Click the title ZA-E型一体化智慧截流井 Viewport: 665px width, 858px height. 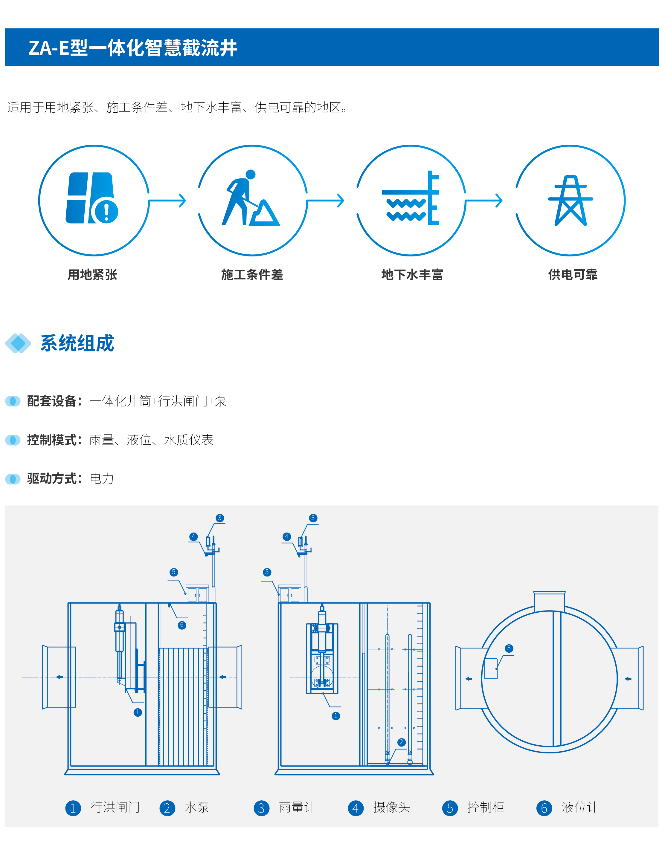[133, 48]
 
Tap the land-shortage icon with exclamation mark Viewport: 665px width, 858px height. [92, 198]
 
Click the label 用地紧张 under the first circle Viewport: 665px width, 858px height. [92, 275]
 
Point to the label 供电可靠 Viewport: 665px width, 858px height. [573, 275]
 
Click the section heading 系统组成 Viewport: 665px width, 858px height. [77, 343]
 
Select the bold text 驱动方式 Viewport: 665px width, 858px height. [52, 478]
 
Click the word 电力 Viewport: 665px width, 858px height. [102, 478]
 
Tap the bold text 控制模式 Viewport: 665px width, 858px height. [52, 440]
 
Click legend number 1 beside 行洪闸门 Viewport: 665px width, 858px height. [73, 808]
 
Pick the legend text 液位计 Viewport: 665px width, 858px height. [580, 807]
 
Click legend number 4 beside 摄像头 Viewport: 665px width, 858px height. [356, 808]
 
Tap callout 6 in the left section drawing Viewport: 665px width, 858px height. [181, 625]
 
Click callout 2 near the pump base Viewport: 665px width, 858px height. [401, 742]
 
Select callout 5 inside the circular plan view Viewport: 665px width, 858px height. [509, 648]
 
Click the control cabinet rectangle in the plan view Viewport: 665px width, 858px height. [491, 669]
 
